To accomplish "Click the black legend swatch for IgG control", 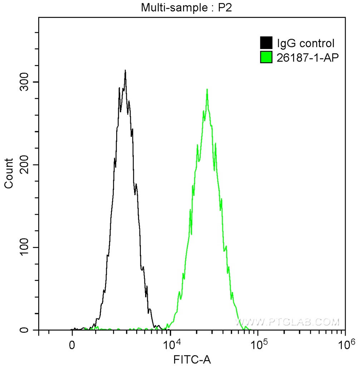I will pyautogui.click(x=266, y=43).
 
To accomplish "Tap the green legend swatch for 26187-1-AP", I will pyautogui.click(x=266, y=57).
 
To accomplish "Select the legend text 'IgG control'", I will pyautogui.click(x=306, y=44).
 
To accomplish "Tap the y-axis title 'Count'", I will pyautogui.click(x=9, y=173).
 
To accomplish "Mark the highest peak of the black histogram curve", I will pyautogui.click(x=125, y=70).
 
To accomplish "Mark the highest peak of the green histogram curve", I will pyautogui.click(x=207, y=89).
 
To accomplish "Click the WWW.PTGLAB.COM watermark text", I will pyautogui.click(x=288, y=322).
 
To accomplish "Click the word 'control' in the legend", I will pyautogui.click(x=317, y=44).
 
